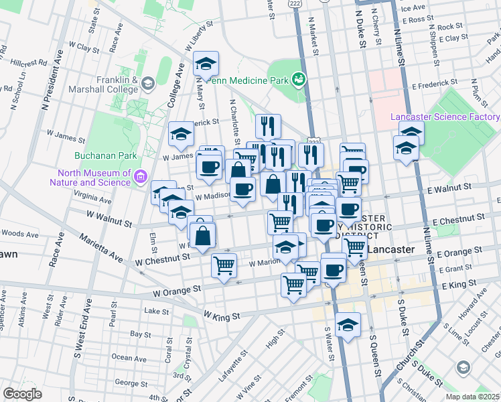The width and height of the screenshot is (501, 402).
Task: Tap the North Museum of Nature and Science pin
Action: coord(141,177)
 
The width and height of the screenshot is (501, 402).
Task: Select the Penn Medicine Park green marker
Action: coord(298,80)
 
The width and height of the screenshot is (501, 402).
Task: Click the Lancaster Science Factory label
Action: coord(445,117)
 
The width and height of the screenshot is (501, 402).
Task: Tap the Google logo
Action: coord(22,394)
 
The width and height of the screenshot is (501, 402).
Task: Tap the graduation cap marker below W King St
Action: coord(348,325)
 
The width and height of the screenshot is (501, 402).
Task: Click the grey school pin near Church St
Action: coord(463,367)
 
